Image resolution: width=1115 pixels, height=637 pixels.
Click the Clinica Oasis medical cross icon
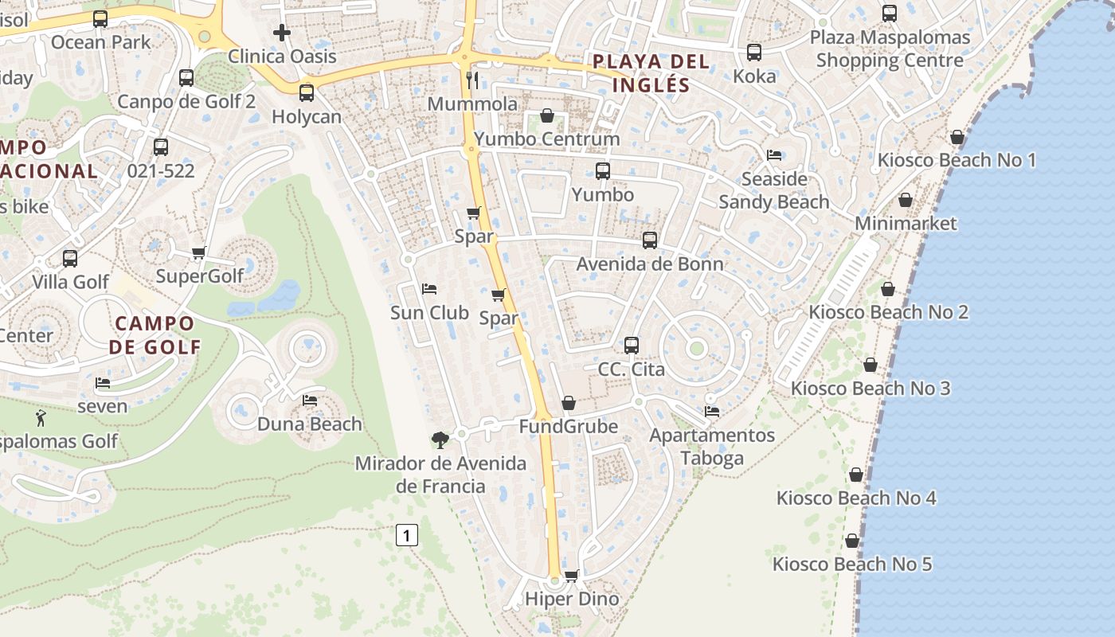(282, 33)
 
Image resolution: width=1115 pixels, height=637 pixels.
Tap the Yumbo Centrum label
(546, 139)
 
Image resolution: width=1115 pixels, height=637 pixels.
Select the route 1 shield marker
(406, 535)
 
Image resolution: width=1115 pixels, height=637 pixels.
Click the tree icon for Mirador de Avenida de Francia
(440, 440)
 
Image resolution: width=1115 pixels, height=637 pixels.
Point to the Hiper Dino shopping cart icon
(571, 576)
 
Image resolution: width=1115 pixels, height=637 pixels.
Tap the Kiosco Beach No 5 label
(852, 565)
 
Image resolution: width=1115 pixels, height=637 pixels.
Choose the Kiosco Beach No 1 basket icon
(957, 137)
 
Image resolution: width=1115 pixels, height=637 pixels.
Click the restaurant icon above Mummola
(472, 80)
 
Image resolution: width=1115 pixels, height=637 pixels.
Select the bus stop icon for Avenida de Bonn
(650, 240)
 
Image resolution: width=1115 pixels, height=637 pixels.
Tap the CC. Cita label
(631, 369)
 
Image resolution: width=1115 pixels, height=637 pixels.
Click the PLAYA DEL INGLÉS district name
(640, 72)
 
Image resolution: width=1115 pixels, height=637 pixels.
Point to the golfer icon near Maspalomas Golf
(41, 417)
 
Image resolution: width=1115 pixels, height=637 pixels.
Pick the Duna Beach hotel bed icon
(310, 400)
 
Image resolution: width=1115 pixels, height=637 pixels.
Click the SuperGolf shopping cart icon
(199, 253)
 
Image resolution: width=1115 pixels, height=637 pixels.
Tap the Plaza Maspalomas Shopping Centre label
(890, 49)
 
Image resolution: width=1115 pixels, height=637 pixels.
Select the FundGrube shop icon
(569, 403)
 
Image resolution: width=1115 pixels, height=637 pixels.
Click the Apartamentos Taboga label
(712, 447)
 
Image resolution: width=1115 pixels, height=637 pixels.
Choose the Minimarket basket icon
(906, 200)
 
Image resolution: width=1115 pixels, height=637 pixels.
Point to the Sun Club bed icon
(429, 288)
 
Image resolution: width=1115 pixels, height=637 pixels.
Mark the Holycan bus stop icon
(307, 92)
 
